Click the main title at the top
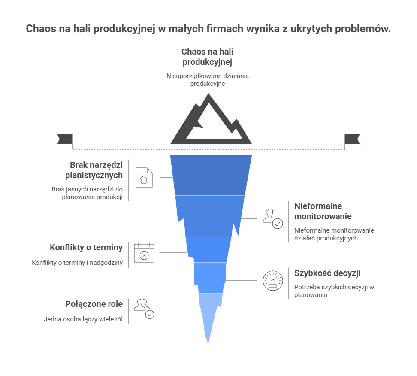(208, 29)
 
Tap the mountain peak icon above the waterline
(197, 133)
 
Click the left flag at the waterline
(65, 139)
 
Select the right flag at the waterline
(352, 139)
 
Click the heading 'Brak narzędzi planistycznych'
(94, 170)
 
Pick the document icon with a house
(144, 178)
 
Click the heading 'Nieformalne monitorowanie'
(323, 211)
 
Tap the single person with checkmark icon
(272, 219)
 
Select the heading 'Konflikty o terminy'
(86, 248)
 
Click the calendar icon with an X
(144, 252)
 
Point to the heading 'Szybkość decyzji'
(327, 273)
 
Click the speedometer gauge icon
(272, 281)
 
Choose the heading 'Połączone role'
(94, 304)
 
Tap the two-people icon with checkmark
(144, 309)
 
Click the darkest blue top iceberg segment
(211, 175)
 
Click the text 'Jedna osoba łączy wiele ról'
(83, 319)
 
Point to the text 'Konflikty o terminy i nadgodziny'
(77, 263)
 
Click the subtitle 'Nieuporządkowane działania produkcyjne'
(208, 79)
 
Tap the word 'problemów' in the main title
(363, 29)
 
